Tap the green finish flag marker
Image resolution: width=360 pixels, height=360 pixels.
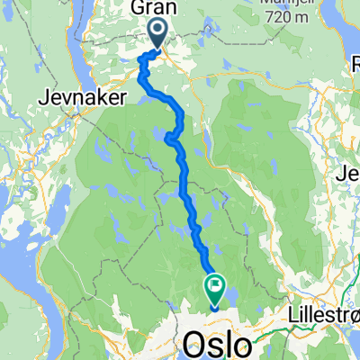click(x=216, y=290)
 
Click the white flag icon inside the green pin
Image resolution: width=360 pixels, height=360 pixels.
click(x=216, y=288)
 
